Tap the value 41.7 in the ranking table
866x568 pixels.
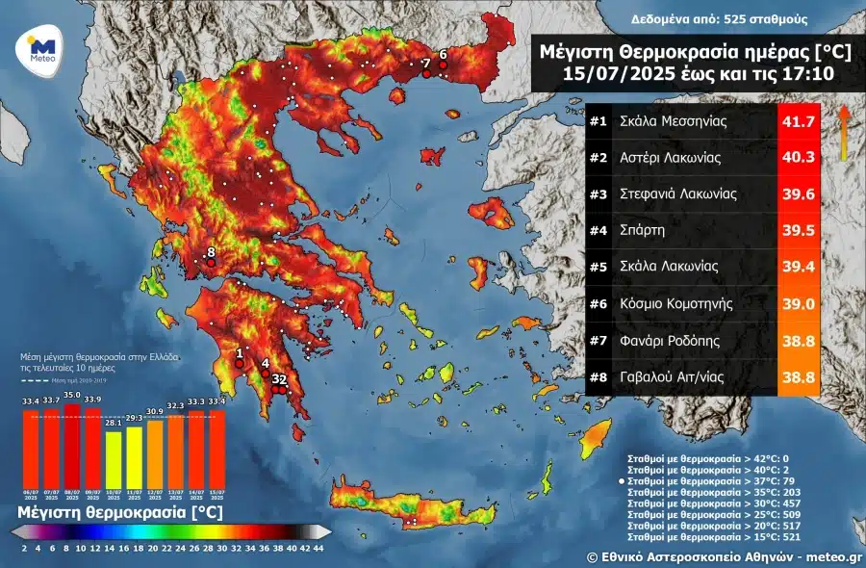click(x=798, y=122)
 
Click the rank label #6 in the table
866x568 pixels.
click(x=599, y=303)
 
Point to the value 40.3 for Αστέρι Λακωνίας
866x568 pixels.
click(x=798, y=158)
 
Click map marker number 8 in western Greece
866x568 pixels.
click(x=211, y=261)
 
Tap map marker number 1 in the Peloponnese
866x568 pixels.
click(x=239, y=363)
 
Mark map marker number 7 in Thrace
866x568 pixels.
click(x=426, y=72)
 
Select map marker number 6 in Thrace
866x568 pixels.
click(x=443, y=65)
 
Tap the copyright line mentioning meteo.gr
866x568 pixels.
click(x=724, y=556)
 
